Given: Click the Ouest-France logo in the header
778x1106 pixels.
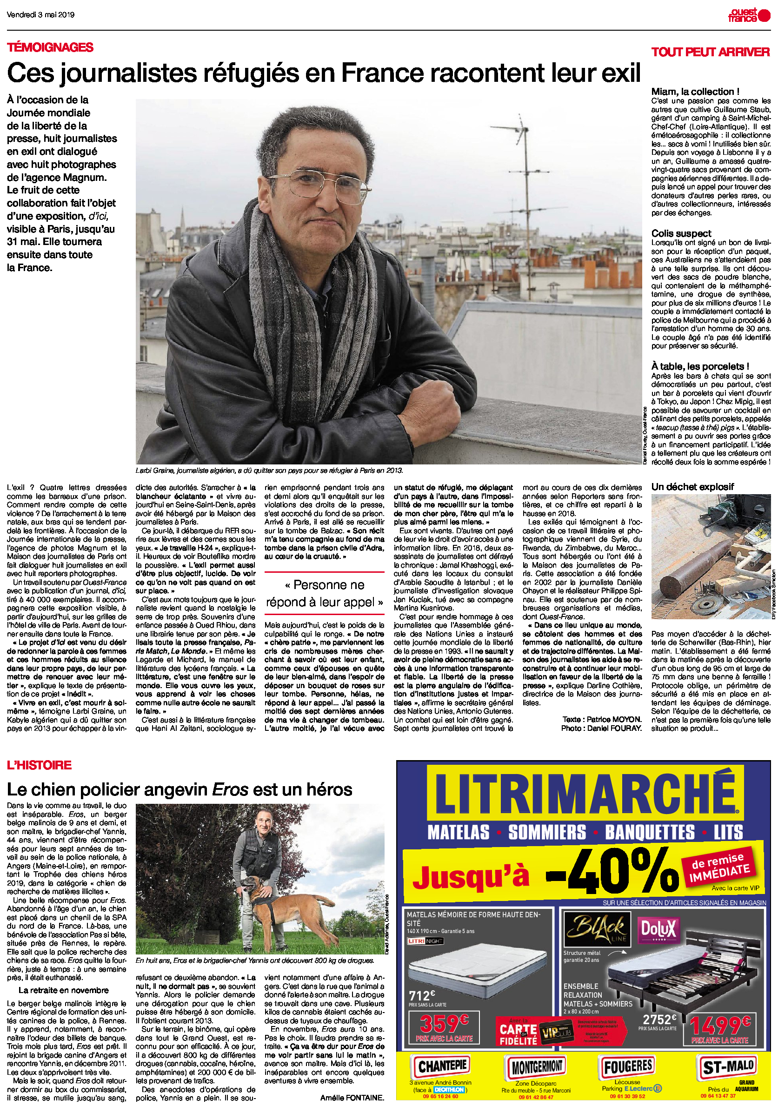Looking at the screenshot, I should point(749,15).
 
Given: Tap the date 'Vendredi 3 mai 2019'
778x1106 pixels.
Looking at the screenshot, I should point(40,14).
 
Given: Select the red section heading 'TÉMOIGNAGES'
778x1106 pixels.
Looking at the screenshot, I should point(50,47).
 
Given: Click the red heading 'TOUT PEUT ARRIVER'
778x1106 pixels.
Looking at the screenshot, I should point(710,52).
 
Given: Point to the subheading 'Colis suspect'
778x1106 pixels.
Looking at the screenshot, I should point(681,233).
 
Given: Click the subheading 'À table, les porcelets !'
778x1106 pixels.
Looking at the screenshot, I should point(699,366).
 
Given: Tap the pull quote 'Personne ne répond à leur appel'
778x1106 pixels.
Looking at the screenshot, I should point(324,593).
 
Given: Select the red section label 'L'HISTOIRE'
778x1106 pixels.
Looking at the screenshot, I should point(39,765).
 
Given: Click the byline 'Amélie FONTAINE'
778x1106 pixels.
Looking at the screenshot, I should point(352,1098).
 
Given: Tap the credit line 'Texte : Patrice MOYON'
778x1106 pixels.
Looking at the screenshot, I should point(602,719).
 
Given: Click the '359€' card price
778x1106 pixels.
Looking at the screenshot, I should point(443,1022).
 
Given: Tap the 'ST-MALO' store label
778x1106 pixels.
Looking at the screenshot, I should point(728,1067).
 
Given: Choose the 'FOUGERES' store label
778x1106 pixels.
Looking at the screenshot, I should point(628,1066).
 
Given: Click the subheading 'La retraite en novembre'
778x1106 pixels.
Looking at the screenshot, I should point(63,990).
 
